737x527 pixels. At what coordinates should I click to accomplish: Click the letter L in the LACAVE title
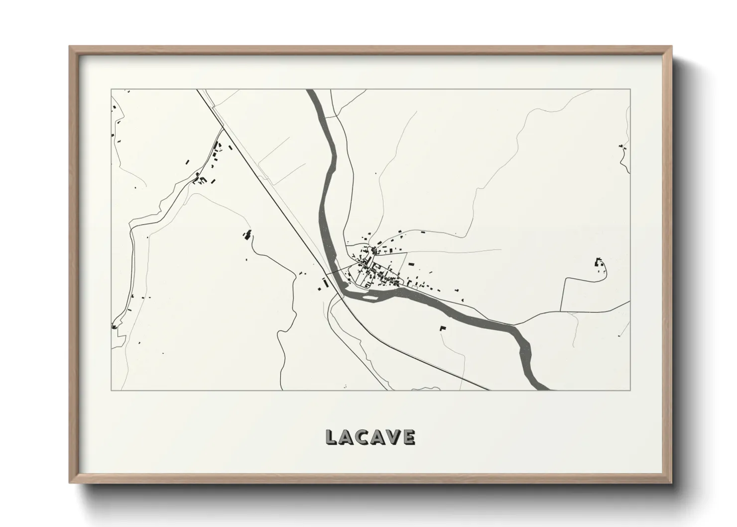click(331, 437)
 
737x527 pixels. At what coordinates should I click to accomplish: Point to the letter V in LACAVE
click(393, 437)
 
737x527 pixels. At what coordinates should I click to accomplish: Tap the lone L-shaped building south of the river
click(442, 328)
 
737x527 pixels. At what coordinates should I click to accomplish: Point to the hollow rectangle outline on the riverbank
click(413, 287)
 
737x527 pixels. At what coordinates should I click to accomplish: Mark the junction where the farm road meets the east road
click(561, 311)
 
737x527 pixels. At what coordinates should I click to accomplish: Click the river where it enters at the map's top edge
click(312, 91)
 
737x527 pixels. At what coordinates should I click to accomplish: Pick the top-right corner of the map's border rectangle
click(630, 90)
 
